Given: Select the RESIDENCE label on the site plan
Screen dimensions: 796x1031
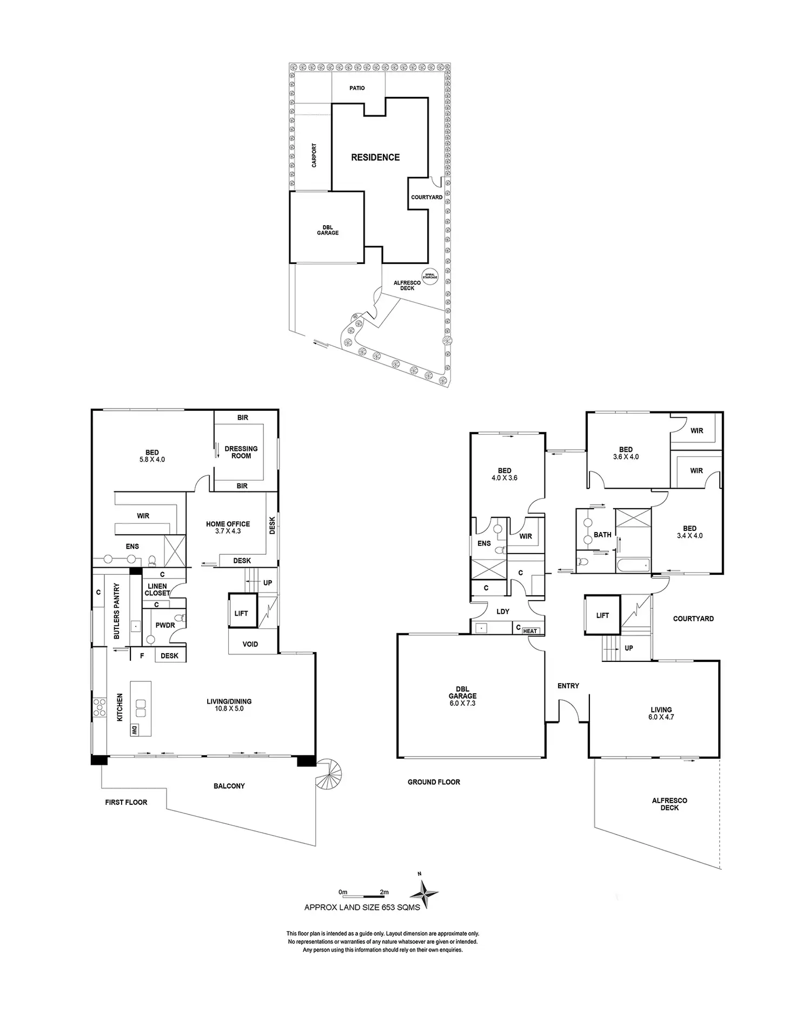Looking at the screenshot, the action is click(375, 157).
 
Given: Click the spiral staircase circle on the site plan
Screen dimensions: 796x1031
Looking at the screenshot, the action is click(430, 276).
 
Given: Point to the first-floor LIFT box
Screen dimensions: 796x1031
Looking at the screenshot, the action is click(241, 613).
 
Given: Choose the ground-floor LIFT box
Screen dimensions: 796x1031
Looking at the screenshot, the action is click(602, 615).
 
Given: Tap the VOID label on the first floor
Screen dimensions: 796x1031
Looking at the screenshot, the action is click(250, 644).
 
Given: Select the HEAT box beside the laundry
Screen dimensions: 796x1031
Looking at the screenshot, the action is click(530, 631).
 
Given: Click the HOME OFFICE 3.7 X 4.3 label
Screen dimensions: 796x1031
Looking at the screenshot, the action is click(228, 528).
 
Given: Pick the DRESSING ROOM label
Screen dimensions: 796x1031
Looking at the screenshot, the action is click(241, 452).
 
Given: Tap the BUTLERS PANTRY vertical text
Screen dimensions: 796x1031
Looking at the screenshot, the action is click(117, 611).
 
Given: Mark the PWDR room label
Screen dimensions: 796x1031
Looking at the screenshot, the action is click(165, 625).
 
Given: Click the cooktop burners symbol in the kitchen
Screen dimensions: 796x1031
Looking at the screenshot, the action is click(99, 707).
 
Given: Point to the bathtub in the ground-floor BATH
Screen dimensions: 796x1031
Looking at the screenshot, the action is click(633, 566).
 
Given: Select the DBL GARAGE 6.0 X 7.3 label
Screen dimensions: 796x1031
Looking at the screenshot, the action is click(462, 696).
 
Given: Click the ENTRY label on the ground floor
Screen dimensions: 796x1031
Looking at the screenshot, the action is click(568, 686).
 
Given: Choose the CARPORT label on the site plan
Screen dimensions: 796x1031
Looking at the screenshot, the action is click(314, 155).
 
